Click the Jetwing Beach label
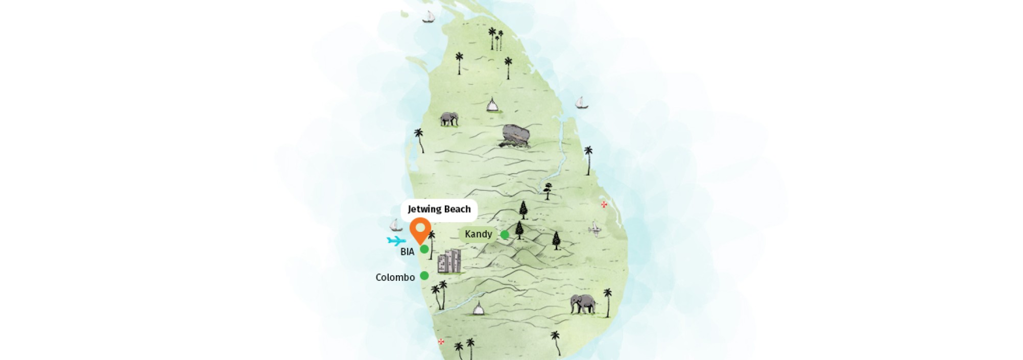coord(439,209)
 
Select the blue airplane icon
coord(396,241)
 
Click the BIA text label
coord(407,252)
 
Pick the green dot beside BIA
coord(424,249)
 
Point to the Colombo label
coord(395,277)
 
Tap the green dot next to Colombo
coord(424,276)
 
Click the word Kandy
coord(478,234)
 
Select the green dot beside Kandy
coord(505,235)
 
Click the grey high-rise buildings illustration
coord(449,261)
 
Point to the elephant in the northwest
coord(449,119)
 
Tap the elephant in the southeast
coord(583,304)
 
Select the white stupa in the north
coord(492,105)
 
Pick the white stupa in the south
coord(478,309)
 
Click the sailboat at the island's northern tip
coord(428,17)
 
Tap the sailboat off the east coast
coord(581,103)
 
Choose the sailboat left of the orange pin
coord(396,225)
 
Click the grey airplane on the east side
coord(594,229)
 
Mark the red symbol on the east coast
coord(604,205)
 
